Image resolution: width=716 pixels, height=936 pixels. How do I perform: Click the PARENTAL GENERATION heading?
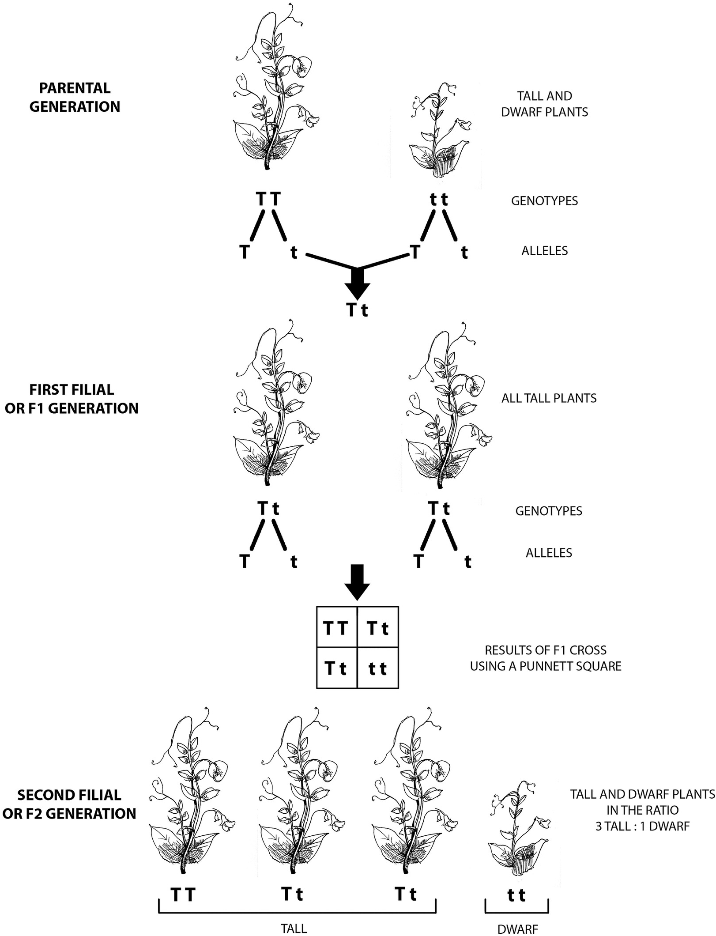click(75, 97)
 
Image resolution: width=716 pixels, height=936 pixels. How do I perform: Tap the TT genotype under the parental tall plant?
click(268, 199)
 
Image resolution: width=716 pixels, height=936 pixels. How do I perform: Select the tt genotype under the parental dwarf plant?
click(439, 200)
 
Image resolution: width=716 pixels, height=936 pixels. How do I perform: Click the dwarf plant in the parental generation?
click(439, 132)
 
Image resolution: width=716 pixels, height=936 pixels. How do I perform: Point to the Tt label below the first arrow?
click(357, 310)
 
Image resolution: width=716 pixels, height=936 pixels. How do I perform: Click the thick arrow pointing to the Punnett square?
click(357, 582)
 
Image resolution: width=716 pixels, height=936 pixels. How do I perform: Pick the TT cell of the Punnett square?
click(336, 628)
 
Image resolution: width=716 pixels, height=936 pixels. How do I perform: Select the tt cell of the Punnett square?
click(378, 668)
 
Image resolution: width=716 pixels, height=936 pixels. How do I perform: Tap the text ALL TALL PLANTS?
click(549, 398)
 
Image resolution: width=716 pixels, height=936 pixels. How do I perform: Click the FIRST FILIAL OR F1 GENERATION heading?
click(72, 399)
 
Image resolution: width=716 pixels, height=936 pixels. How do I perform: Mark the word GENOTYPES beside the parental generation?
click(544, 201)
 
